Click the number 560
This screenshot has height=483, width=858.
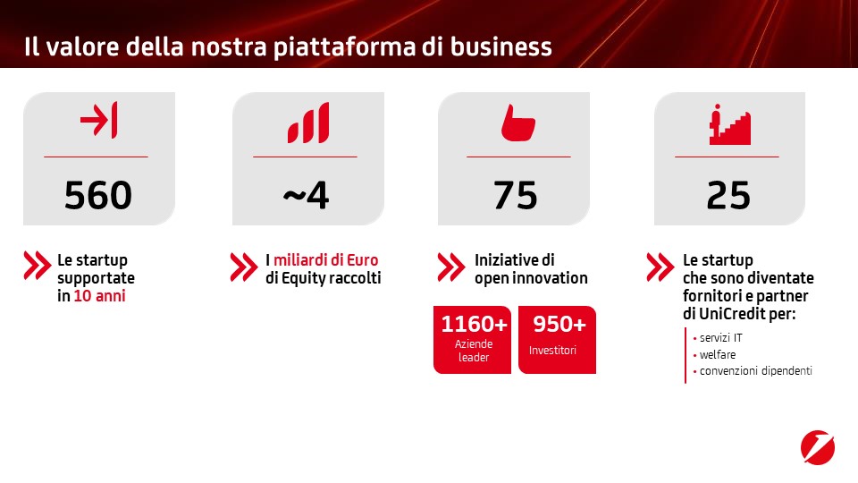click(x=98, y=195)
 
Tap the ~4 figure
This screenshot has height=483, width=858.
click(x=306, y=195)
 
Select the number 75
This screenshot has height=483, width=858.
click(x=516, y=195)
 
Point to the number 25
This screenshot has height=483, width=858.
click(x=728, y=195)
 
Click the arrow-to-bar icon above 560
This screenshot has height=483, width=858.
click(x=98, y=119)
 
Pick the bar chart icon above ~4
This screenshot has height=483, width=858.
click(x=308, y=123)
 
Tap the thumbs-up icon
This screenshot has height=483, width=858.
click(x=517, y=123)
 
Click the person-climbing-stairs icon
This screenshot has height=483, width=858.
click(x=730, y=124)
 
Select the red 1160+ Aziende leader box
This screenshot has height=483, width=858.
click(x=472, y=340)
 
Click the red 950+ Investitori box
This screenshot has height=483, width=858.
click(x=557, y=340)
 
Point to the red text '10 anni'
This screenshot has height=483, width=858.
click(x=99, y=296)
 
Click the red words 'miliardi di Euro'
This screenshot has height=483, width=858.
click(x=325, y=259)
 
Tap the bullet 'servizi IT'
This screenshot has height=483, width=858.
click(x=720, y=338)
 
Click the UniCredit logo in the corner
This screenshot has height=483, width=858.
click(x=818, y=447)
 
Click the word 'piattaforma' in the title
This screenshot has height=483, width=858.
click(x=344, y=47)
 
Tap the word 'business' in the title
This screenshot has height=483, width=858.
click(x=500, y=47)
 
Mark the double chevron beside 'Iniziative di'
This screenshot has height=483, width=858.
click(x=450, y=267)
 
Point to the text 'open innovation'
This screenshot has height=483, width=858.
click(x=531, y=278)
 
